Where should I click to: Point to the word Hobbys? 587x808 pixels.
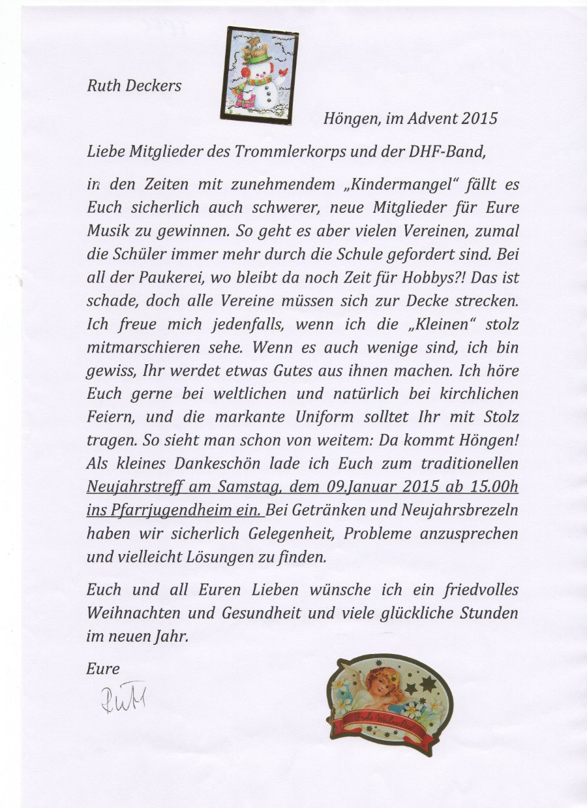(425, 276)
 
